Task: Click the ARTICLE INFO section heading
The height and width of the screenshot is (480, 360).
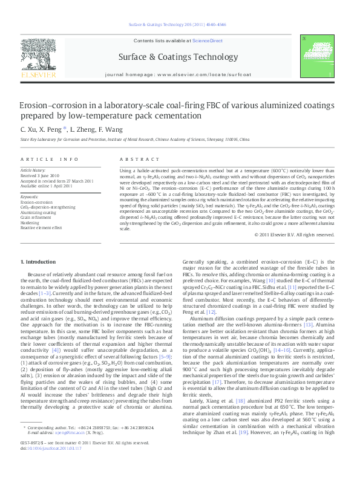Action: tap(50, 159)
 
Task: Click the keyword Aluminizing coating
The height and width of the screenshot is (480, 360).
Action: tap(38, 213)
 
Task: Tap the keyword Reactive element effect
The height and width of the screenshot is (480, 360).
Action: tap(41, 227)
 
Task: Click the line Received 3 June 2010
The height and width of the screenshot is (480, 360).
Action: tap(39, 177)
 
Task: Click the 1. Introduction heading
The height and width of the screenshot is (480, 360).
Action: tap(38, 261)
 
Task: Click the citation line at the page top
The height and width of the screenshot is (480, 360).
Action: tap(178, 25)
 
